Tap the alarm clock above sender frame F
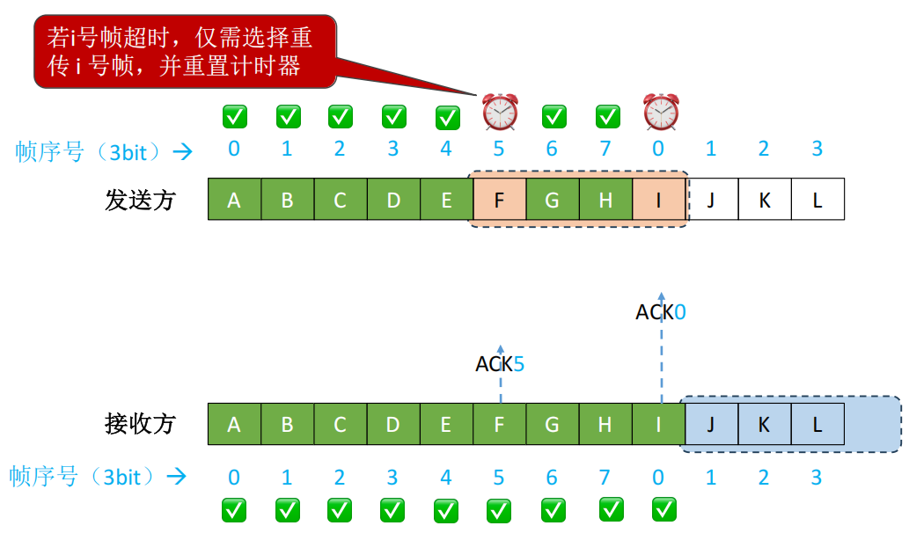point(500,113)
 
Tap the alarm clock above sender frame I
point(660,113)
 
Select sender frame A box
point(234,200)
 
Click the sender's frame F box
point(499,200)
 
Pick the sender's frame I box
point(658,200)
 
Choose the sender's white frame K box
point(764,200)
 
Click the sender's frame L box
point(817,200)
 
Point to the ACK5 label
point(500,363)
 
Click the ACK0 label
point(660,311)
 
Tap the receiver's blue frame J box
point(711,424)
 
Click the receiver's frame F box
point(499,424)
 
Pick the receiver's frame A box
point(234,424)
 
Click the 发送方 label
point(140,201)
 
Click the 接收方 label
point(140,424)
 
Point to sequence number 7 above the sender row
point(605,149)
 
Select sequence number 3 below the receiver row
point(817,477)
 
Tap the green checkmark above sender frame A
point(234,115)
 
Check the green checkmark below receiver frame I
point(663,508)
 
